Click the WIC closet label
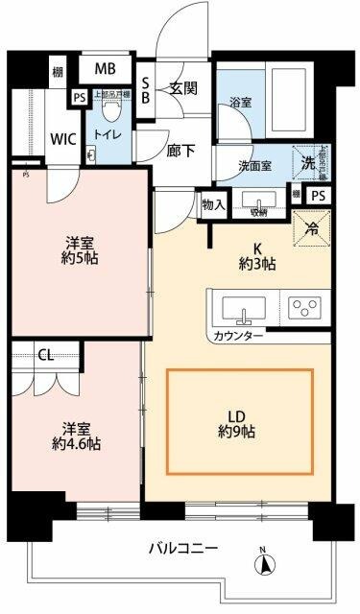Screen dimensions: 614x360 [62, 137]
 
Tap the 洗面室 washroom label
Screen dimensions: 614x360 [255, 165]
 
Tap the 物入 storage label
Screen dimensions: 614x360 [213, 204]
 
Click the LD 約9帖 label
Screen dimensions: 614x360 [239, 423]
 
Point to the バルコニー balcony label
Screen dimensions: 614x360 [182, 549]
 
